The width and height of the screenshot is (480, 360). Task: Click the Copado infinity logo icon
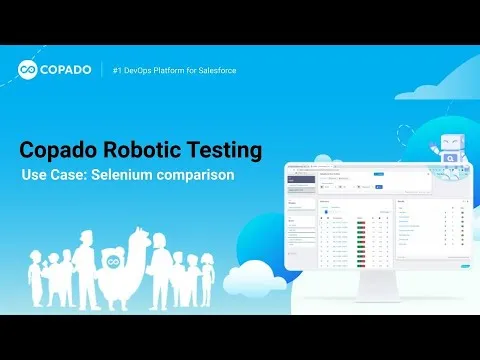(29, 70)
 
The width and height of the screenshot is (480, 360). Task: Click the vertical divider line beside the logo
(103, 70)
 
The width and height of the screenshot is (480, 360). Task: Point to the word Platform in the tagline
(183, 69)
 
